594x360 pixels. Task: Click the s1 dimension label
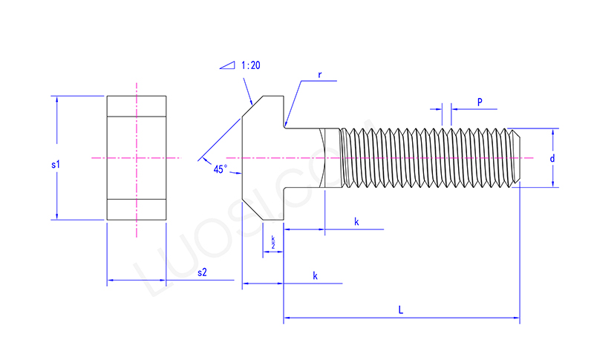point(55,165)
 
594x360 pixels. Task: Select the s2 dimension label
point(201,273)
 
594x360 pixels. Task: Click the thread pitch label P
point(480,102)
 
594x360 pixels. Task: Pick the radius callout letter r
point(319,75)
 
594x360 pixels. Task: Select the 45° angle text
point(220,169)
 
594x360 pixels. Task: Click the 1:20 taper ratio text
point(250,65)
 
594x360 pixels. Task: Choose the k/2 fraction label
point(272,241)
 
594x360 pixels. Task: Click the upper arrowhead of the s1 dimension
point(56,99)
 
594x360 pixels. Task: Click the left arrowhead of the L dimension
point(287,320)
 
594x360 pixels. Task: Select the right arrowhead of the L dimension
point(516,320)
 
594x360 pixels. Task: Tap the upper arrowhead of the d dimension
point(553,132)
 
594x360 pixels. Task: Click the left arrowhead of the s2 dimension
point(111,281)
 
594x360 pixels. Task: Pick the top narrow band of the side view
point(136,106)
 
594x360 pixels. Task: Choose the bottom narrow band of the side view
point(136,209)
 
